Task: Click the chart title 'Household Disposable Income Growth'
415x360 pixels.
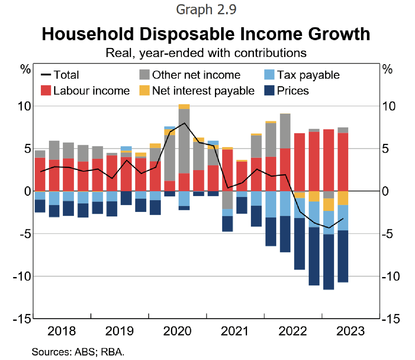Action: pos(206,34)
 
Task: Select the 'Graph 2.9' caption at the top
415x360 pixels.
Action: pos(206,10)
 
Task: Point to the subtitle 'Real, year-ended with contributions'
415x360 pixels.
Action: pos(206,53)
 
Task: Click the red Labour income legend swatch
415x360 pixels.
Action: pos(46,91)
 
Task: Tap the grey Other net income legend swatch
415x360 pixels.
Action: pos(144,75)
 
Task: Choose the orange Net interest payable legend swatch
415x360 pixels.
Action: pos(144,91)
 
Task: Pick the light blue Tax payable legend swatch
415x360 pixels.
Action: pos(269,75)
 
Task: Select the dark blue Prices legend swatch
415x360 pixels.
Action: pos(269,91)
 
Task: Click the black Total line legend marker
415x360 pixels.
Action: pos(46,75)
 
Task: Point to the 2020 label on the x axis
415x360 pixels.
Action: pos(177,331)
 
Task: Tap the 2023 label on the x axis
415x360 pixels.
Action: pos(350,331)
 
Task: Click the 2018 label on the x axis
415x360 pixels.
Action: pos(61,331)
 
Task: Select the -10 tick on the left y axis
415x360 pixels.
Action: pos(22,276)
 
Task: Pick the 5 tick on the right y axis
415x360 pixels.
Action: pos(385,149)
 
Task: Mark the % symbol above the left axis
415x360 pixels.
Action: pos(26,69)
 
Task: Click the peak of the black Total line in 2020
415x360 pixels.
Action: pos(184,123)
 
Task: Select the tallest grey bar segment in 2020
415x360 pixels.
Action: pos(184,141)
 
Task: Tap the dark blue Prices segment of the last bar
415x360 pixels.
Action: pos(343,256)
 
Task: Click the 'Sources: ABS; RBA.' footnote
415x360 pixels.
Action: pos(78,352)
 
